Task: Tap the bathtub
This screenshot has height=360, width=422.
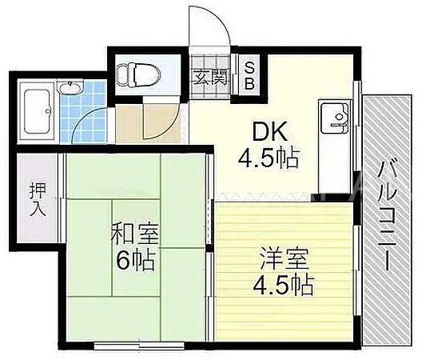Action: click(x=37, y=112)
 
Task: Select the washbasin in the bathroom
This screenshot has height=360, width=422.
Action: click(x=70, y=88)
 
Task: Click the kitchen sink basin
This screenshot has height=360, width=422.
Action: click(x=335, y=118)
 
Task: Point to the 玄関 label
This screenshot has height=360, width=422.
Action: click(x=211, y=76)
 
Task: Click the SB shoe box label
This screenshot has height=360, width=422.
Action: click(x=249, y=76)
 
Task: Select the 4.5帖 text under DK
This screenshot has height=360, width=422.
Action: click(x=269, y=158)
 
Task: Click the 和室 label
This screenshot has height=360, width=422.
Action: click(x=135, y=234)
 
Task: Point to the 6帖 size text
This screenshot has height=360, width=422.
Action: click(x=135, y=259)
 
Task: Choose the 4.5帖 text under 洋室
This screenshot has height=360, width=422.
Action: click(x=283, y=285)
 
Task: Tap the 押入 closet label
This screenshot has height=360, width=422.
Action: click(x=38, y=199)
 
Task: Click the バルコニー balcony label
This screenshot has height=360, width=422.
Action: click(x=387, y=215)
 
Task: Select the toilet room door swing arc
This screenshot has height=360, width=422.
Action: click(x=167, y=126)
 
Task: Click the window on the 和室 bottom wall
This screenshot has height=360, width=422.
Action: click(x=139, y=346)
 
